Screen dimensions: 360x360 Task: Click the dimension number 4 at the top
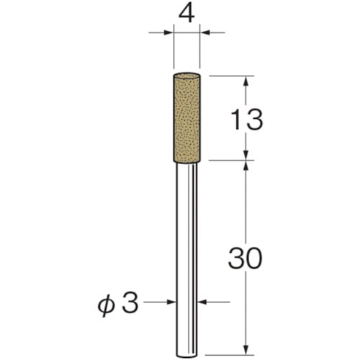(186, 14)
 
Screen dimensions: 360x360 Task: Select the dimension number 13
(246, 120)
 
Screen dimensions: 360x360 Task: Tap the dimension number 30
(245, 258)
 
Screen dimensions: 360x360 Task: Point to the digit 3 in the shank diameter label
(130, 302)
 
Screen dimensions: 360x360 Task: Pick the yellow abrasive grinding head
(186, 117)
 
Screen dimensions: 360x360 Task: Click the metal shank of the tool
(186, 260)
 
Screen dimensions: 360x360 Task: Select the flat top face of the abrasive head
(186, 75)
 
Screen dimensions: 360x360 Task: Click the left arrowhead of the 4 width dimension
(168, 32)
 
